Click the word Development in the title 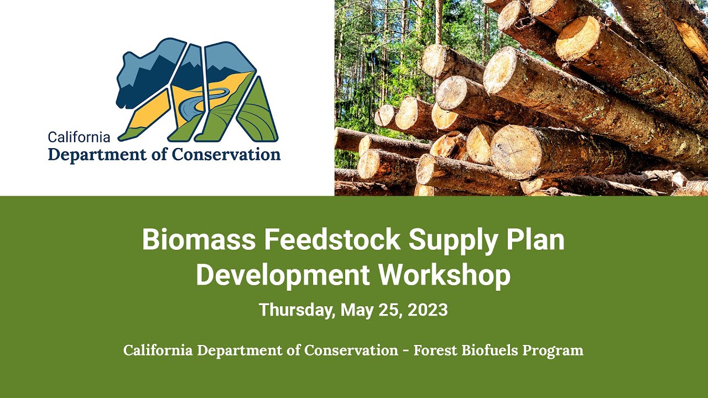point(283,275)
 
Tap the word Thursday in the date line point(296,310)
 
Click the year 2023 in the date point(428,310)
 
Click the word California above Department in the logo point(79,137)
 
